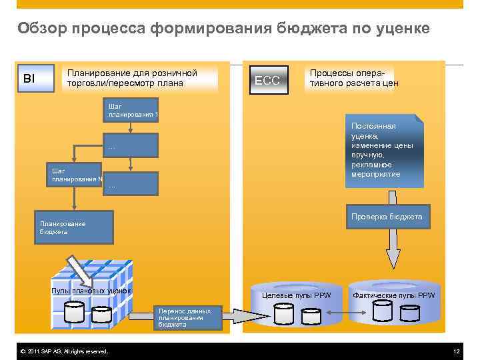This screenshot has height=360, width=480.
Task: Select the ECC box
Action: (x=269, y=81)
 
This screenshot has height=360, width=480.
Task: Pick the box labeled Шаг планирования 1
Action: (x=131, y=110)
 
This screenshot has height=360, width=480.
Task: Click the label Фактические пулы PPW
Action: (x=393, y=295)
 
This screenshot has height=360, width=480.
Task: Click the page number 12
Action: (x=456, y=351)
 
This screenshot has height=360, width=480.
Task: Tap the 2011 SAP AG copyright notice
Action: (x=64, y=351)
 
